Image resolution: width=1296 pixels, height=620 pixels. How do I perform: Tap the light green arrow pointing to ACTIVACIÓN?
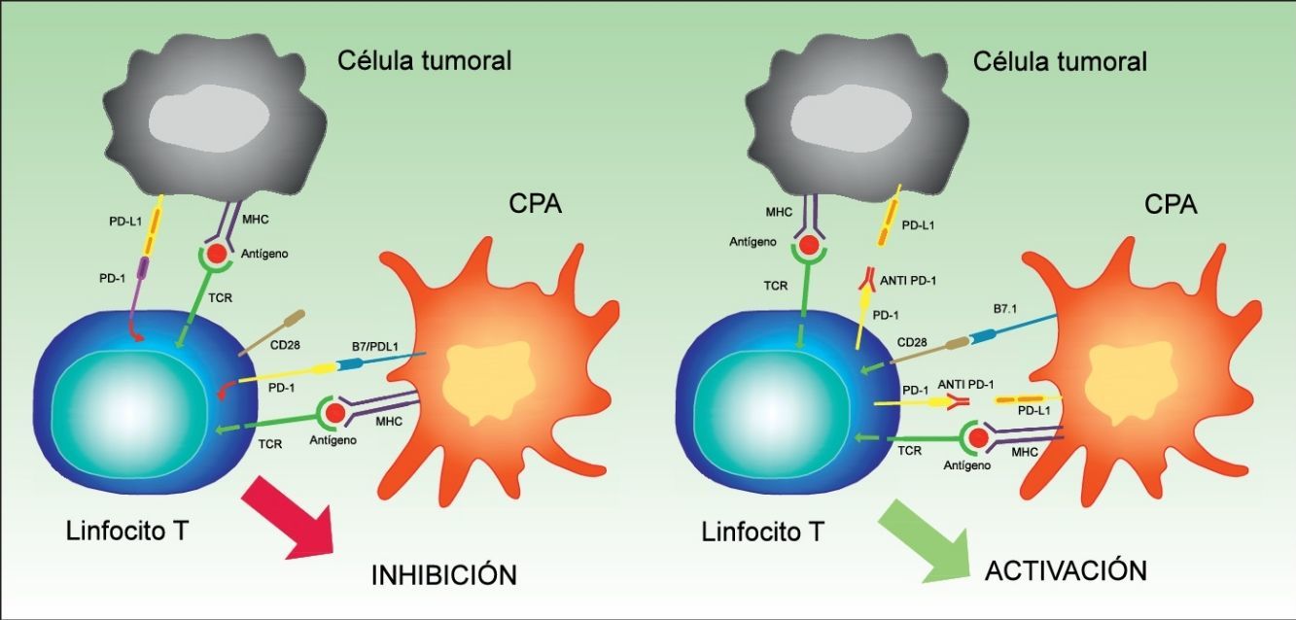(925, 539)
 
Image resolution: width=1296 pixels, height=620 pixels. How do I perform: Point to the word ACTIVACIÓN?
(1066, 569)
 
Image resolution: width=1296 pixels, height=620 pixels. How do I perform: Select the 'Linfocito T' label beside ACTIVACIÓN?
(763, 532)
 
